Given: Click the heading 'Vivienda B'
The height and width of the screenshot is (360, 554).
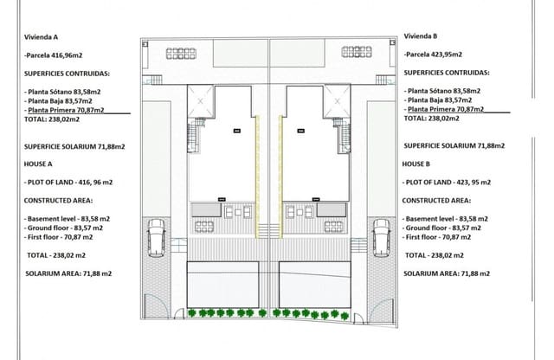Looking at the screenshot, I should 422,36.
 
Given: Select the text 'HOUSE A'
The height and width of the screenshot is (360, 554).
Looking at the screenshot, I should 40,163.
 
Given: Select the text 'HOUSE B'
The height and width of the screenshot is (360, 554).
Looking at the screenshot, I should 418,163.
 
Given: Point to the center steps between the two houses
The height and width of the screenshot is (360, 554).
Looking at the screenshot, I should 268,231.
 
